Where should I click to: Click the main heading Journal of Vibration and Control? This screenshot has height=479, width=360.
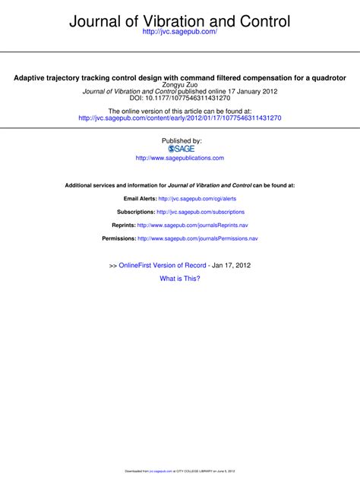(x=179, y=22)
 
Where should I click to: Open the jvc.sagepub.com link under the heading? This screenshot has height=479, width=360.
(x=179, y=36)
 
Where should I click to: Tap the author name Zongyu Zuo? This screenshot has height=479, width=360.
(x=179, y=86)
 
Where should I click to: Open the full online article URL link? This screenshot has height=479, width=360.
(x=179, y=119)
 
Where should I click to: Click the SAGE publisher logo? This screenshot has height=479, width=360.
(x=180, y=149)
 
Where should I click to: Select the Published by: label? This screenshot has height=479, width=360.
(x=180, y=140)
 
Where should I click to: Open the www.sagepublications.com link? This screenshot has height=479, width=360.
(x=180, y=158)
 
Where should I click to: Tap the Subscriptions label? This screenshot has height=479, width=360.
(x=135, y=212)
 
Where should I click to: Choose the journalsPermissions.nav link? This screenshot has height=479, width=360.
(x=197, y=238)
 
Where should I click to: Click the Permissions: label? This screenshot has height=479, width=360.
(x=118, y=238)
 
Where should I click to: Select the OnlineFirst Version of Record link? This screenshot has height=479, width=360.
(x=163, y=265)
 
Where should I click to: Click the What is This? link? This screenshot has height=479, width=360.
(x=180, y=279)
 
